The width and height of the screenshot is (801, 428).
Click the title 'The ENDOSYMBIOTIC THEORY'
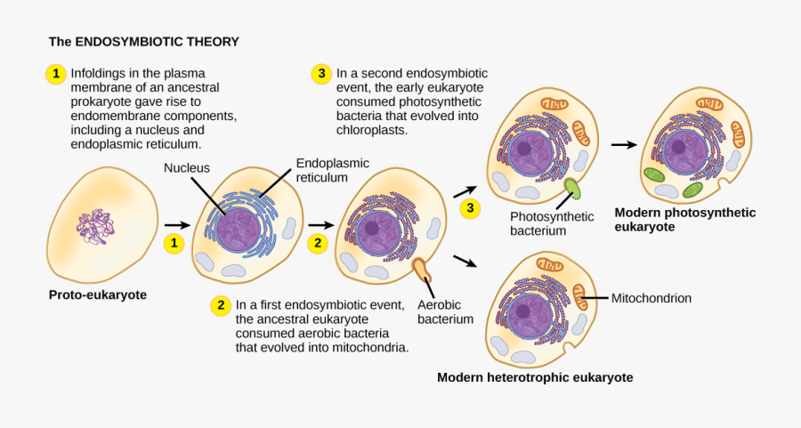tap(143, 42)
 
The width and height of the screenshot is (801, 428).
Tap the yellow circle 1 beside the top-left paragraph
tap(55, 75)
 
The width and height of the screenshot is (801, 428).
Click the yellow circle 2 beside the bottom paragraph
tap(220, 305)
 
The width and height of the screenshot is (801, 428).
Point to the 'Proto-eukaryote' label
tap(97, 295)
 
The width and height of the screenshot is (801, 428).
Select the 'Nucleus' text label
tap(185, 168)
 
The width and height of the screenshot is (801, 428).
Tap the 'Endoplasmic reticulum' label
tap(332, 170)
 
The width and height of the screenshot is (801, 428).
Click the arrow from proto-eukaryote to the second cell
tap(177, 226)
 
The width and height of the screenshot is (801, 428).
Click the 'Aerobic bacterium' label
tap(445, 311)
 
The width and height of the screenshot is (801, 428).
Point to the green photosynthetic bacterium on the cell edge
tap(571, 189)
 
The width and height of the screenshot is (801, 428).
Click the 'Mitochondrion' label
tap(651, 299)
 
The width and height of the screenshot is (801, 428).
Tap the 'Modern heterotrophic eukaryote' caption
tap(535, 377)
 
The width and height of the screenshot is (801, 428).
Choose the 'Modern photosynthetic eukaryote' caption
tap(684, 219)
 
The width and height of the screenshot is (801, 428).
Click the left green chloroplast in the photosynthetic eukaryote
tap(654, 174)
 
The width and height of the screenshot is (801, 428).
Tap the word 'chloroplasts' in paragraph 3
tap(371, 129)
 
